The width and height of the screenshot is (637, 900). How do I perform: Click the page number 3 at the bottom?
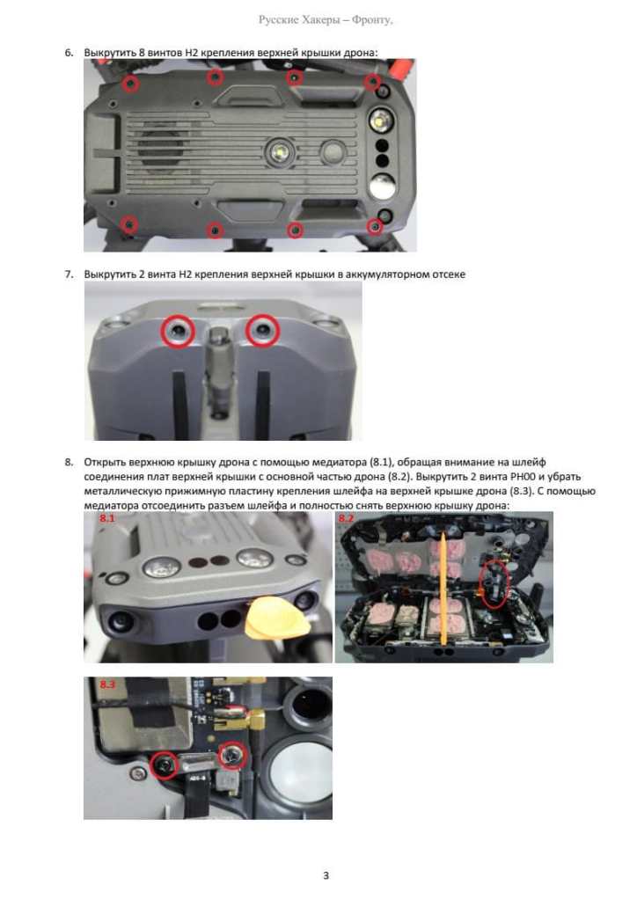[x=326, y=875]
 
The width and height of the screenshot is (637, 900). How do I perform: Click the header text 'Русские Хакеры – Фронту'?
[x=326, y=20]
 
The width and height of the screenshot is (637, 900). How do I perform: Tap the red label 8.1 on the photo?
[x=107, y=518]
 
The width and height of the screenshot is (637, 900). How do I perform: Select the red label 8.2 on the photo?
[x=346, y=518]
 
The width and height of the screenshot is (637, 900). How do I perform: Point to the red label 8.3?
[x=107, y=684]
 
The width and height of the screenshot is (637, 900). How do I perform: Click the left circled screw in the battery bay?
[x=178, y=331]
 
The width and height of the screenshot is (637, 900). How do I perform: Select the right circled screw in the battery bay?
[x=263, y=331]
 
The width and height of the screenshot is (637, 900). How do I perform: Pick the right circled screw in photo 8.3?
[x=232, y=756]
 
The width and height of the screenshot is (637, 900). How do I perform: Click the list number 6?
[x=69, y=53]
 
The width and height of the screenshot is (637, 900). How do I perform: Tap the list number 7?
[x=69, y=274]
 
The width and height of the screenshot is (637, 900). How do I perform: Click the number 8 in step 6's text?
[x=142, y=53]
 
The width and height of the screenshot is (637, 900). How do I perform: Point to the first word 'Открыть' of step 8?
[x=104, y=462]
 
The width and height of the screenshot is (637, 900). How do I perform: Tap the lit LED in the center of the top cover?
[x=280, y=152]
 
